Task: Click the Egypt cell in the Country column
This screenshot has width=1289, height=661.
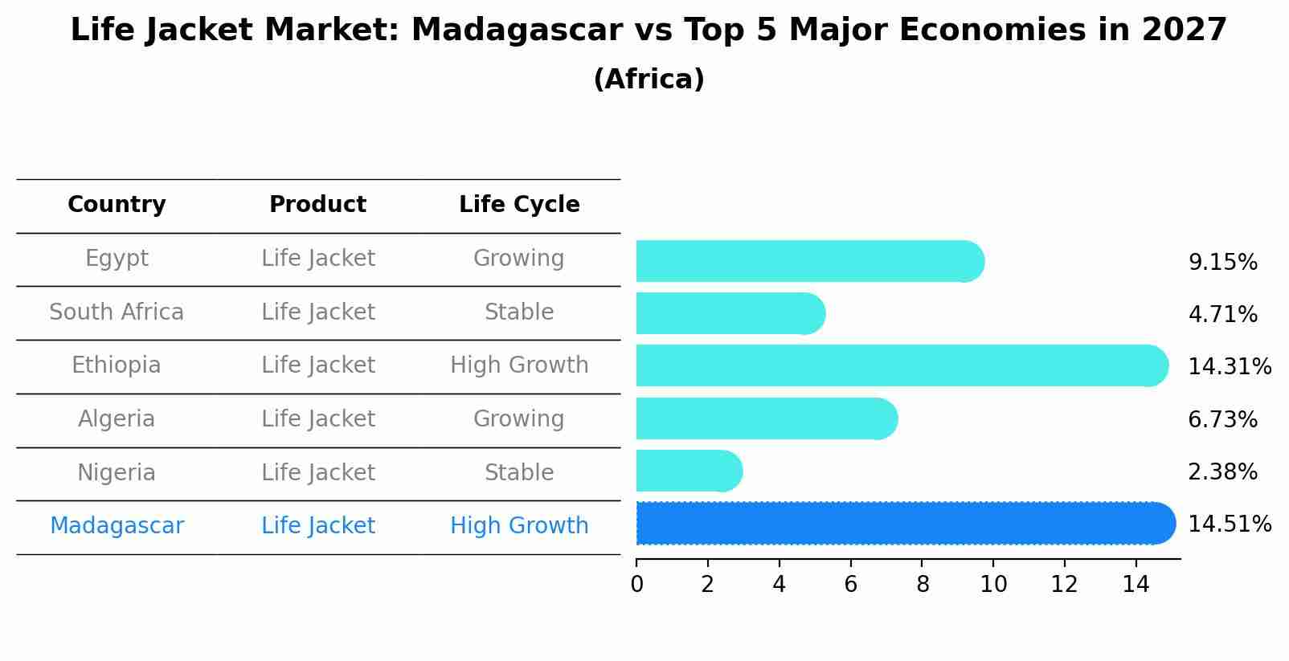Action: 117,259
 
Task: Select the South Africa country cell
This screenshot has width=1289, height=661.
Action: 117,312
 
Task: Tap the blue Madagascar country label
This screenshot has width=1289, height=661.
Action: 117,526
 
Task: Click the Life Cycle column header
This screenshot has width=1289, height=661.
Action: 519,205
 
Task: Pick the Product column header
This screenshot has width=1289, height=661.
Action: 317,205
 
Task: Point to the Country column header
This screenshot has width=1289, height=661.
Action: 117,205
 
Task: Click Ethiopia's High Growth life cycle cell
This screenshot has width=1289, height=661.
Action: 519,365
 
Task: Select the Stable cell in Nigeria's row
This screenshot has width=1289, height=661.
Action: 519,473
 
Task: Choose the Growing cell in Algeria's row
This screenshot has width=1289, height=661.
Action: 519,419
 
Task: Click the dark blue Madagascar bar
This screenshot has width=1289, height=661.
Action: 900,524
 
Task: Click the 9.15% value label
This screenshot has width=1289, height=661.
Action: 1222,263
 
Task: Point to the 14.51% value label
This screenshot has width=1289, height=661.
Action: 1229,524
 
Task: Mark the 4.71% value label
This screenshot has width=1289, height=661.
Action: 1222,315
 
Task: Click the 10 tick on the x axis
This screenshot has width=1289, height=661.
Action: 993,585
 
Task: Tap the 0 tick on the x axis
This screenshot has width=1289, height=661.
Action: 636,585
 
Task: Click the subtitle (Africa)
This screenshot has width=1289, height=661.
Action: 649,80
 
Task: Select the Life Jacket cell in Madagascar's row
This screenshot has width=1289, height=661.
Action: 317,526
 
